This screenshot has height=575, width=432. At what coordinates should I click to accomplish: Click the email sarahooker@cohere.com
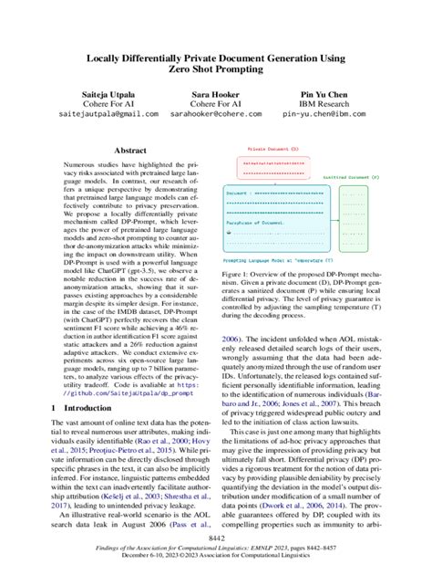click(215, 116)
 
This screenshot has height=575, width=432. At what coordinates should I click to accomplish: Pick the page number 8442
click(215, 538)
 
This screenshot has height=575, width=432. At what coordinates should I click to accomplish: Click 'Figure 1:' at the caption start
click(239, 274)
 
